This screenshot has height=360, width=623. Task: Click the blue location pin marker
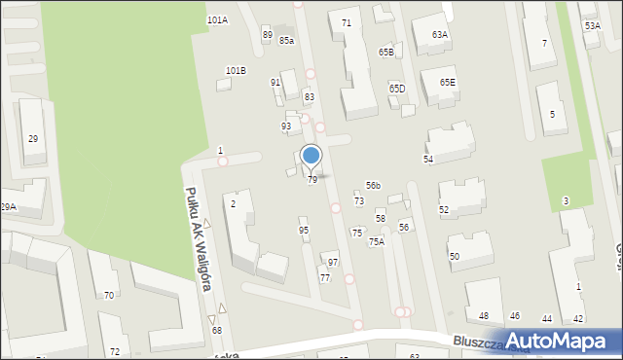(x=311, y=156)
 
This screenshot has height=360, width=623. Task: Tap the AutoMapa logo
(x=561, y=341)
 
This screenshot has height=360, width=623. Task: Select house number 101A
(x=217, y=19)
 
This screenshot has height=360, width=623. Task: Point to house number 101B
(x=236, y=71)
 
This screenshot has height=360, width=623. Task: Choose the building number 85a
(x=286, y=40)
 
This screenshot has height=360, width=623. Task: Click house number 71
(x=347, y=22)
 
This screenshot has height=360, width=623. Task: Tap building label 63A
(x=440, y=35)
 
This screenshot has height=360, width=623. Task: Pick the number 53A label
(x=592, y=26)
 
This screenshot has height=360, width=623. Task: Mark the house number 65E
(x=447, y=83)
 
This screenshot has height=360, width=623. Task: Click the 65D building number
(x=397, y=89)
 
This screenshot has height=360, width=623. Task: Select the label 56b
(x=373, y=185)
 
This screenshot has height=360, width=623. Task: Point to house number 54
(x=427, y=159)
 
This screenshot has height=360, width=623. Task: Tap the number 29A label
(x=8, y=206)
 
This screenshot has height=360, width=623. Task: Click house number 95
(x=304, y=231)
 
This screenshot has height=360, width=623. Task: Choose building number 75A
(x=376, y=242)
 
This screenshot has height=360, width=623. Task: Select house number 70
(x=109, y=295)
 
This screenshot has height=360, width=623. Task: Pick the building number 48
(x=484, y=316)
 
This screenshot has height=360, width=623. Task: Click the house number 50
(x=454, y=256)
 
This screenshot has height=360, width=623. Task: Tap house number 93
(x=286, y=126)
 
